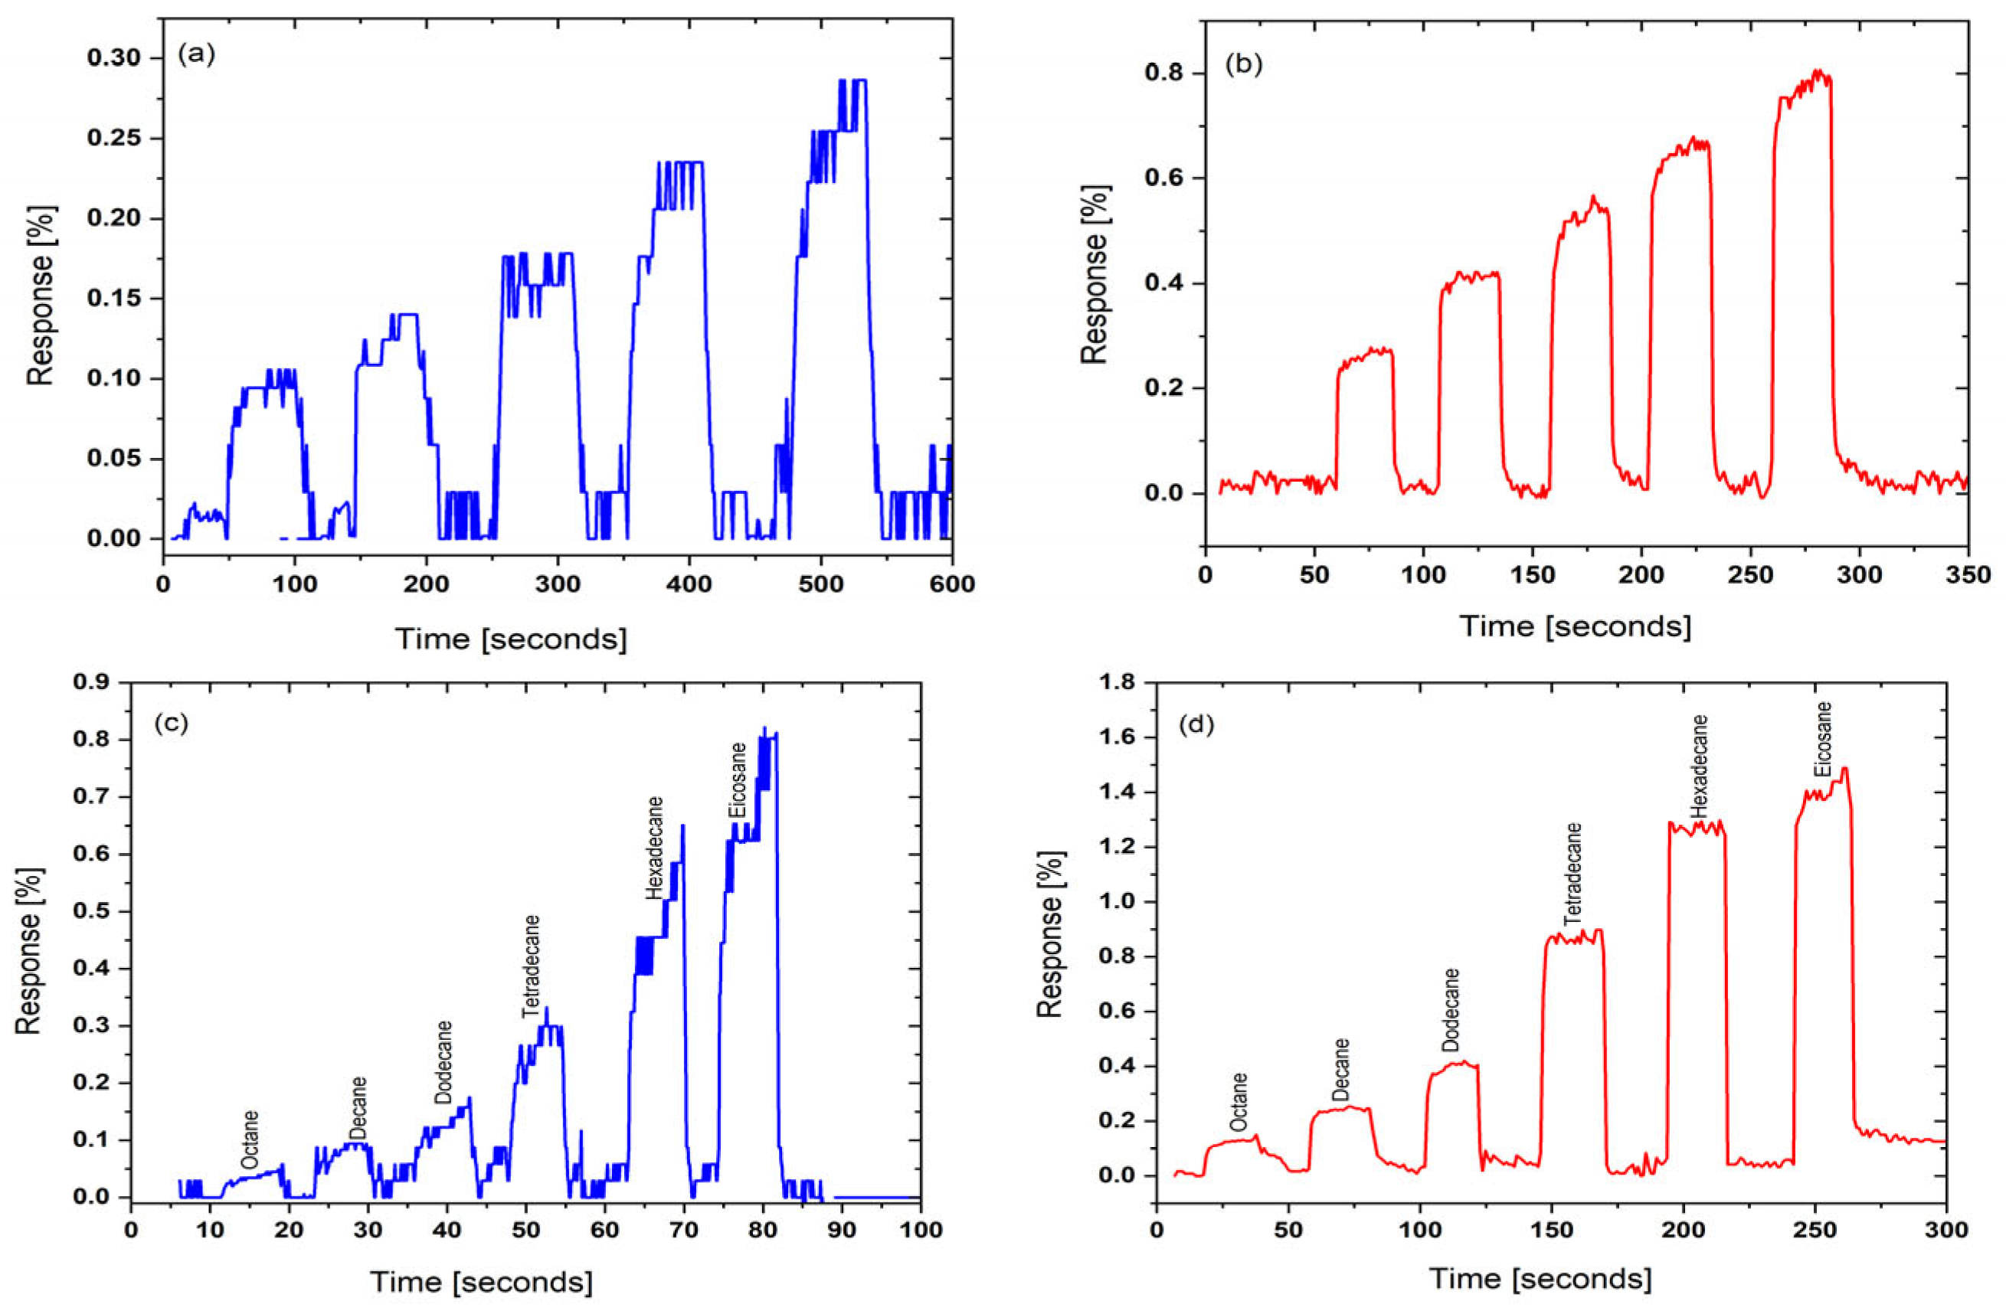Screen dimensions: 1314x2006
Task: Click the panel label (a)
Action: coord(196,55)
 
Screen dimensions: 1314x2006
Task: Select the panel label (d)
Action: coord(1196,725)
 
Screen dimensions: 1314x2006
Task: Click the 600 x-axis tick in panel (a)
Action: coord(951,584)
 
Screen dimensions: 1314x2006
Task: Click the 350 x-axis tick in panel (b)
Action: coord(1967,576)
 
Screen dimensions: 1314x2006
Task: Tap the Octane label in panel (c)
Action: coord(250,1139)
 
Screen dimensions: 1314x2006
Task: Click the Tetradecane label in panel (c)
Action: coord(530,966)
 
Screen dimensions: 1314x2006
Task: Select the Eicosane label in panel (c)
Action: coord(738,780)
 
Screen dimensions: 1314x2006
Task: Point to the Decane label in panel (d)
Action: coord(1341,1070)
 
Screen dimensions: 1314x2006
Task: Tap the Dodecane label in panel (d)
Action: coord(1450,1009)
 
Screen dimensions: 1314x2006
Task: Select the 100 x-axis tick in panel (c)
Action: coord(920,1230)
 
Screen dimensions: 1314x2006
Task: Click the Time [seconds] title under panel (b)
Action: coord(1576,626)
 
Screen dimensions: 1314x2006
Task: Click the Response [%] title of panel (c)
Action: coord(28,949)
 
